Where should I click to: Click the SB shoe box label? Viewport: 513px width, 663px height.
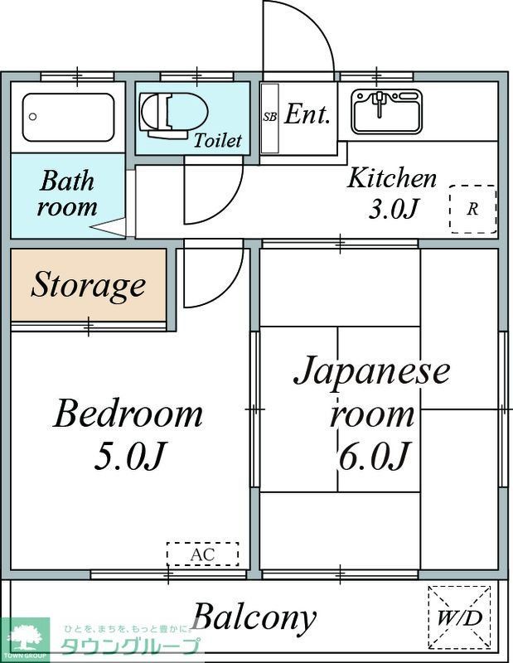click(x=270, y=117)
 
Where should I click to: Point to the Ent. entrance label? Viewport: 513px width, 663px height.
click(x=307, y=115)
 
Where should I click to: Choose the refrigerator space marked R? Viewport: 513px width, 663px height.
click(x=472, y=209)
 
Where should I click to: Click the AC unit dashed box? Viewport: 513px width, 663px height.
click(x=202, y=554)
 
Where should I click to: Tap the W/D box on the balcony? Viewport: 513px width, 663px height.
click(x=459, y=617)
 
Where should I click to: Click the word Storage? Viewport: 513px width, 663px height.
click(x=88, y=286)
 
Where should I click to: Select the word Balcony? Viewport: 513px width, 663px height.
click(x=254, y=617)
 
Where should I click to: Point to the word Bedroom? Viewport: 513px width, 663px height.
click(x=128, y=414)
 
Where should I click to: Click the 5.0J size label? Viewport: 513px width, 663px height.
click(x=131, y=455)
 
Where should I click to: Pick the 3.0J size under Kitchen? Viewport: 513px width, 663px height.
click(x=392, y=209)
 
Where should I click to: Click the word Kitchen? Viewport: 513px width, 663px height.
click(x=391, y=178)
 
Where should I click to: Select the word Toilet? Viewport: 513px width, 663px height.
click(x=218, y=140)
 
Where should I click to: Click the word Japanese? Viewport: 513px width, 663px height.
click(x=372, y=370)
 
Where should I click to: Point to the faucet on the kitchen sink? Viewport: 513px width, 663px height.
click(x=380, y=103)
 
